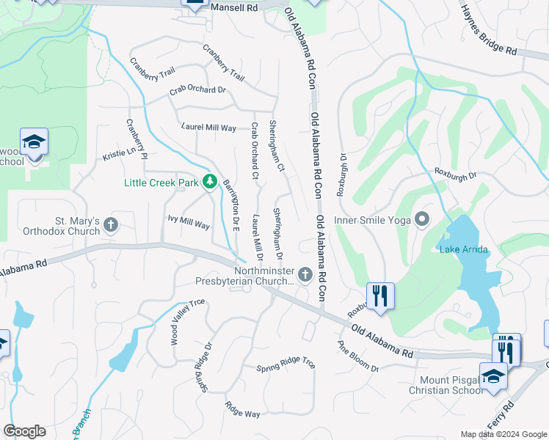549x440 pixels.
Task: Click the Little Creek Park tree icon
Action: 210,180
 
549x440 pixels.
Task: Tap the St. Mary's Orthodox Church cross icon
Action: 111,224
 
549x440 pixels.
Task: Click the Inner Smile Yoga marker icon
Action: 421,219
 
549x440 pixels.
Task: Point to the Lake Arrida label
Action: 463,250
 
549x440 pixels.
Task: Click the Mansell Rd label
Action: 234,8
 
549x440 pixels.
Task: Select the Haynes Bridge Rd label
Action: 488,30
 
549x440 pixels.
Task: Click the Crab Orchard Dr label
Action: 197,90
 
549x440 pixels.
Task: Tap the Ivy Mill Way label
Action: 189,222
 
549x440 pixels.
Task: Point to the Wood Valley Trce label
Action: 177,322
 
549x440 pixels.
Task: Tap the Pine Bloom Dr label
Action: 357,356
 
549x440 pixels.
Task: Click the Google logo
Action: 24,431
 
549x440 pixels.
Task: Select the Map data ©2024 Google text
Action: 503,434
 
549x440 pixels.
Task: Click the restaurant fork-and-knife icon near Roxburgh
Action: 380,296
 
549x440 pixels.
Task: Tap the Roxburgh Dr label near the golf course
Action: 456,175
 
